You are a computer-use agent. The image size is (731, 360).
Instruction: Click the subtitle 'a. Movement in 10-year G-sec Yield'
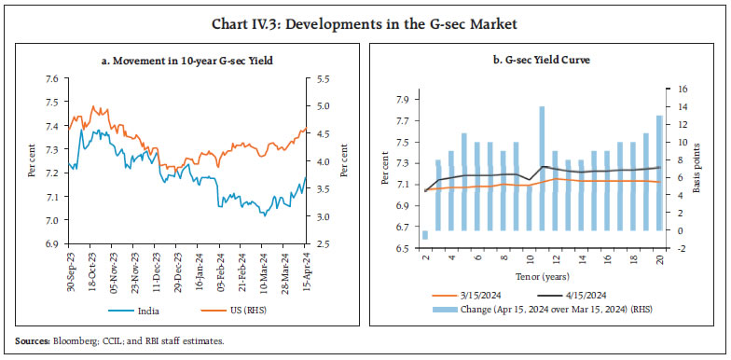point(186,61)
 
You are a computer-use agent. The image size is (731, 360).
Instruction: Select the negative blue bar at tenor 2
point(425,235)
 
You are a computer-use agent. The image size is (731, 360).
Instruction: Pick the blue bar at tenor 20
point(659,173)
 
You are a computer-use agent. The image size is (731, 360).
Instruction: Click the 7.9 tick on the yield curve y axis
point(403,100)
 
